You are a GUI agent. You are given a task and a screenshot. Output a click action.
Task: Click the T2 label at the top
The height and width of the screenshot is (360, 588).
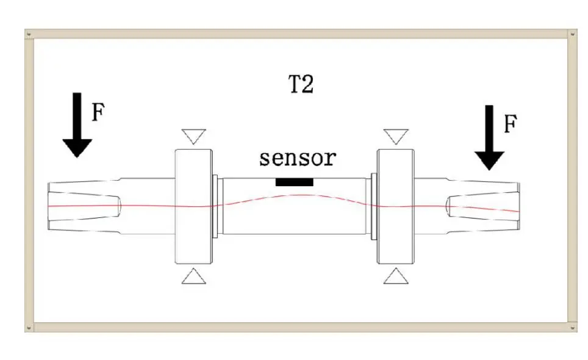(x=301, y=84)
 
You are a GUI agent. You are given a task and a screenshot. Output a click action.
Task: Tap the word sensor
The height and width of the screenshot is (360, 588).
(x=298, y=158)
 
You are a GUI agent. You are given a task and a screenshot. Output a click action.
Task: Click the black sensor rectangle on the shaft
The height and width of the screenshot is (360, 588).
(x=295, y=182)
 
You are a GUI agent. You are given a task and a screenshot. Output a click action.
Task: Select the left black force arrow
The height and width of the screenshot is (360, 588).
(x=77, y=125)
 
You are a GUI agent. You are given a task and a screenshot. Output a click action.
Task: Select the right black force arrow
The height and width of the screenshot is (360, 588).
(x=489, y=138)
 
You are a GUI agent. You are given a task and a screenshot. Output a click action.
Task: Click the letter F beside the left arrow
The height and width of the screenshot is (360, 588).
(x=98, y=112)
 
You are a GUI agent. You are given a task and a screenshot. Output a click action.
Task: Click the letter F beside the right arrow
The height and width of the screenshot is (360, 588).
(x=511, y=124)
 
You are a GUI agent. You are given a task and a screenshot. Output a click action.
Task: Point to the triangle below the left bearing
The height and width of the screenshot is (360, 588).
(x=194, y=276)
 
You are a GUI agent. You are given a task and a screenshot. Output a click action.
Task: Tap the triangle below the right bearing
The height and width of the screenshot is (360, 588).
(x=396, y=276)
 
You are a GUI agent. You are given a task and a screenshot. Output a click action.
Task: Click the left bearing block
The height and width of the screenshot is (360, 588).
(x=194, y=206)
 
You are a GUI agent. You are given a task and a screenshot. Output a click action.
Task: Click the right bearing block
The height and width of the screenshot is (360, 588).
(x=396, y=206)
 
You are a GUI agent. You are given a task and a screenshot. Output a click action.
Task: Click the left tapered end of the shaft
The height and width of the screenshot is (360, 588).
(x=84, y=206)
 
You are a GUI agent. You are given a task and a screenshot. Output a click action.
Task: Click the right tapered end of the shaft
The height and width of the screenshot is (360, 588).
(x=483, y=206)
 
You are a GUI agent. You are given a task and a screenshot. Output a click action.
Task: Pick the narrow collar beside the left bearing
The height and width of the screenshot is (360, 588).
(x=215, y=206)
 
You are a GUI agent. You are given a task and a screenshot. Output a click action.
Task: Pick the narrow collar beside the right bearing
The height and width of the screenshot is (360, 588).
(x=374, y=206)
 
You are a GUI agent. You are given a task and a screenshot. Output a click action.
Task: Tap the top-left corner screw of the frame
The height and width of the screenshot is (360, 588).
(x=29, y=35)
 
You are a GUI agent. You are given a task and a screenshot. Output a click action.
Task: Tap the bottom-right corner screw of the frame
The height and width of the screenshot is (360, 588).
(x=572, y=328)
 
